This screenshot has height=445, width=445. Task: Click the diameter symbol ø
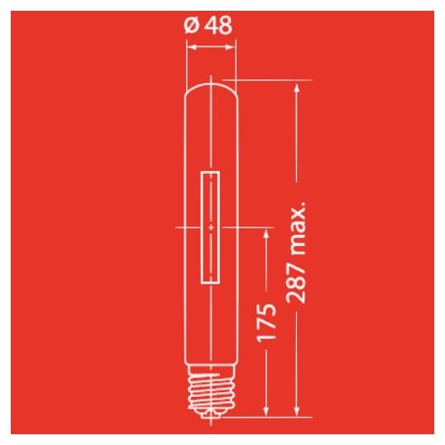coord(191,25)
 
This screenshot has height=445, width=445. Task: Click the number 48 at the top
coord(218,25)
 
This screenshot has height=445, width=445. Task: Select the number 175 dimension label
coord(266,322)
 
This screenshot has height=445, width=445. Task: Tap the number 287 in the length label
coord(295,283)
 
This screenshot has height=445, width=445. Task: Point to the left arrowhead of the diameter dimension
coord(193,47)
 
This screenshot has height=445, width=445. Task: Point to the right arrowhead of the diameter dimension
coord(229,47)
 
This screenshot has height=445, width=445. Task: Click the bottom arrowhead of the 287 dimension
coord(297,412)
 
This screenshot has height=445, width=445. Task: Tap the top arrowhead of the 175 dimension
coord(266,233)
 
